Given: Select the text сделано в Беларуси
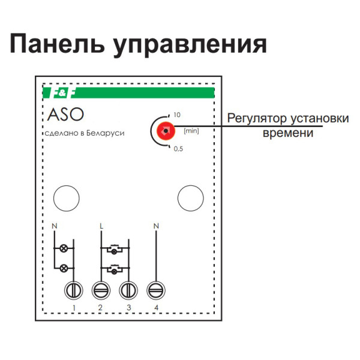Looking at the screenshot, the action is click(x=85, y=133).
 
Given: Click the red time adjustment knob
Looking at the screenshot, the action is click(x=165, y=130).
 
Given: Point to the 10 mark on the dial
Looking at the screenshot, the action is click(x=176, y=114).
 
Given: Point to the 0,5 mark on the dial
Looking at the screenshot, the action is click(x=178, y=149).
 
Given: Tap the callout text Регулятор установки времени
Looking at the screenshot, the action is click(x=287, y=124).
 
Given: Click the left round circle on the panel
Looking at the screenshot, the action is click(x=66, y=197).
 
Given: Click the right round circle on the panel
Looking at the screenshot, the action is click(x=190, y=197).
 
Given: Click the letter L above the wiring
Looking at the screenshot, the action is click(x=101, y=226).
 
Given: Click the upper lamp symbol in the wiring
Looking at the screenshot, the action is click(x=64, y=247).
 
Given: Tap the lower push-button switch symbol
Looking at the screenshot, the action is click(x=114, y=269).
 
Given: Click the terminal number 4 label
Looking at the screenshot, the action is click(x=156, y=308).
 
